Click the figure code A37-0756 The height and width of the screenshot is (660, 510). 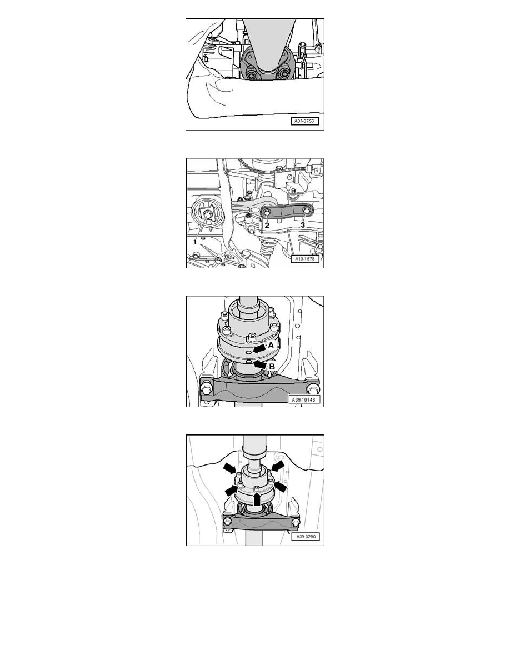[305, 121]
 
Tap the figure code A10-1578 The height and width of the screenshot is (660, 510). [305, 258]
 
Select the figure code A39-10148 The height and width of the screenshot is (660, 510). [303, 399]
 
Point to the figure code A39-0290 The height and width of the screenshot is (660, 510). [305, 537]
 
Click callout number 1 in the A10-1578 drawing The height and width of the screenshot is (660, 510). [195, 242]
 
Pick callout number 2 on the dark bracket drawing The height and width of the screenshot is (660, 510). [267, 226]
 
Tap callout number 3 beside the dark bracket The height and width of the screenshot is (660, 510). [303, 225]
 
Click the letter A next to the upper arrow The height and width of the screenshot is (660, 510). [272, 345]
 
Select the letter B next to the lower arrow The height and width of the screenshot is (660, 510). [272, 367]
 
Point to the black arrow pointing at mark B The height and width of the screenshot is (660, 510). [260, 364]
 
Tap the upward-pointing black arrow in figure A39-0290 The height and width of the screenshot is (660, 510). [257, 499]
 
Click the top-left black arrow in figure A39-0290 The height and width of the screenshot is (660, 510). [230, 468]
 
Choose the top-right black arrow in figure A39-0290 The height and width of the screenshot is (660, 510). [278, 466]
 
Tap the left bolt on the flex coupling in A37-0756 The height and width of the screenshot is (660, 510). [252, 75]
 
